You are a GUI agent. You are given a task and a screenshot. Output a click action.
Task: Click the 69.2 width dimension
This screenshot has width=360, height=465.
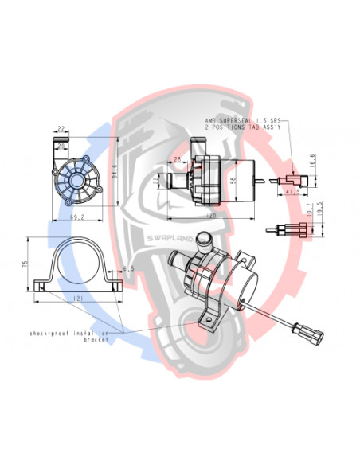click(77, 216)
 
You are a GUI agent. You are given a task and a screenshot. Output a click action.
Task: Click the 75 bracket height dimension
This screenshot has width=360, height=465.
click(26, 264)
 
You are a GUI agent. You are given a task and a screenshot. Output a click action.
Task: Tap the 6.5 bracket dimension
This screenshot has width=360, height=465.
click(127, 270)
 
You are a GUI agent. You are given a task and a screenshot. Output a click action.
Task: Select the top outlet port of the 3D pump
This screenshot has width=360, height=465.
click(205, 237)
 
